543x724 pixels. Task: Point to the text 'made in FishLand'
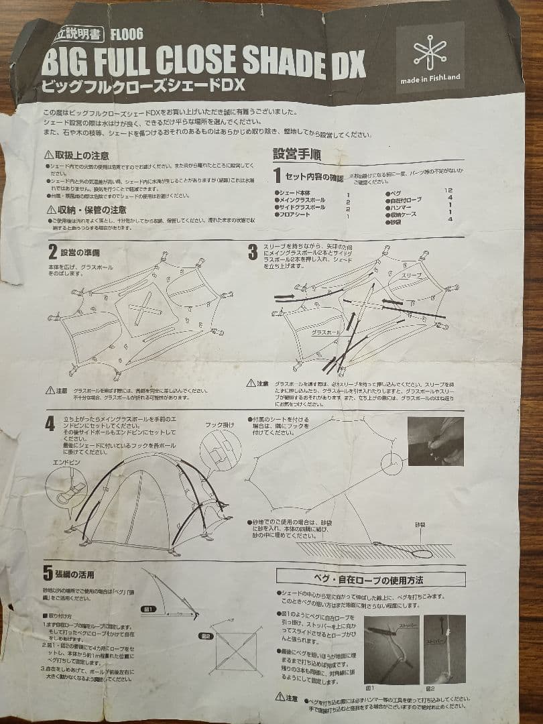tap(430, 77)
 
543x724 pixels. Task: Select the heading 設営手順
tap(296, 154)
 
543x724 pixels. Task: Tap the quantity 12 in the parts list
tap(448, 190)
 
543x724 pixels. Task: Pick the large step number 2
tap(52, 253)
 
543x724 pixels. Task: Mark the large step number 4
tap(50, 424)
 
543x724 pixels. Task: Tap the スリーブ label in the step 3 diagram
tap(410, 276)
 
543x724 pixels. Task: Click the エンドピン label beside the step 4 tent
tap(62, 462)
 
